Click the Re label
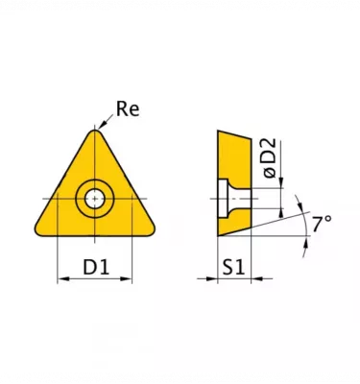[128, 108]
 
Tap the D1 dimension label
[96, 267]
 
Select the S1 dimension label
[234, 267]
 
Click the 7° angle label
[322, 223]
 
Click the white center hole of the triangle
[95, 199]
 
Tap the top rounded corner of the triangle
[95, 131]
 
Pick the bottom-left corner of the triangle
[38, 231]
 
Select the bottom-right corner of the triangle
[151, 231]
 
